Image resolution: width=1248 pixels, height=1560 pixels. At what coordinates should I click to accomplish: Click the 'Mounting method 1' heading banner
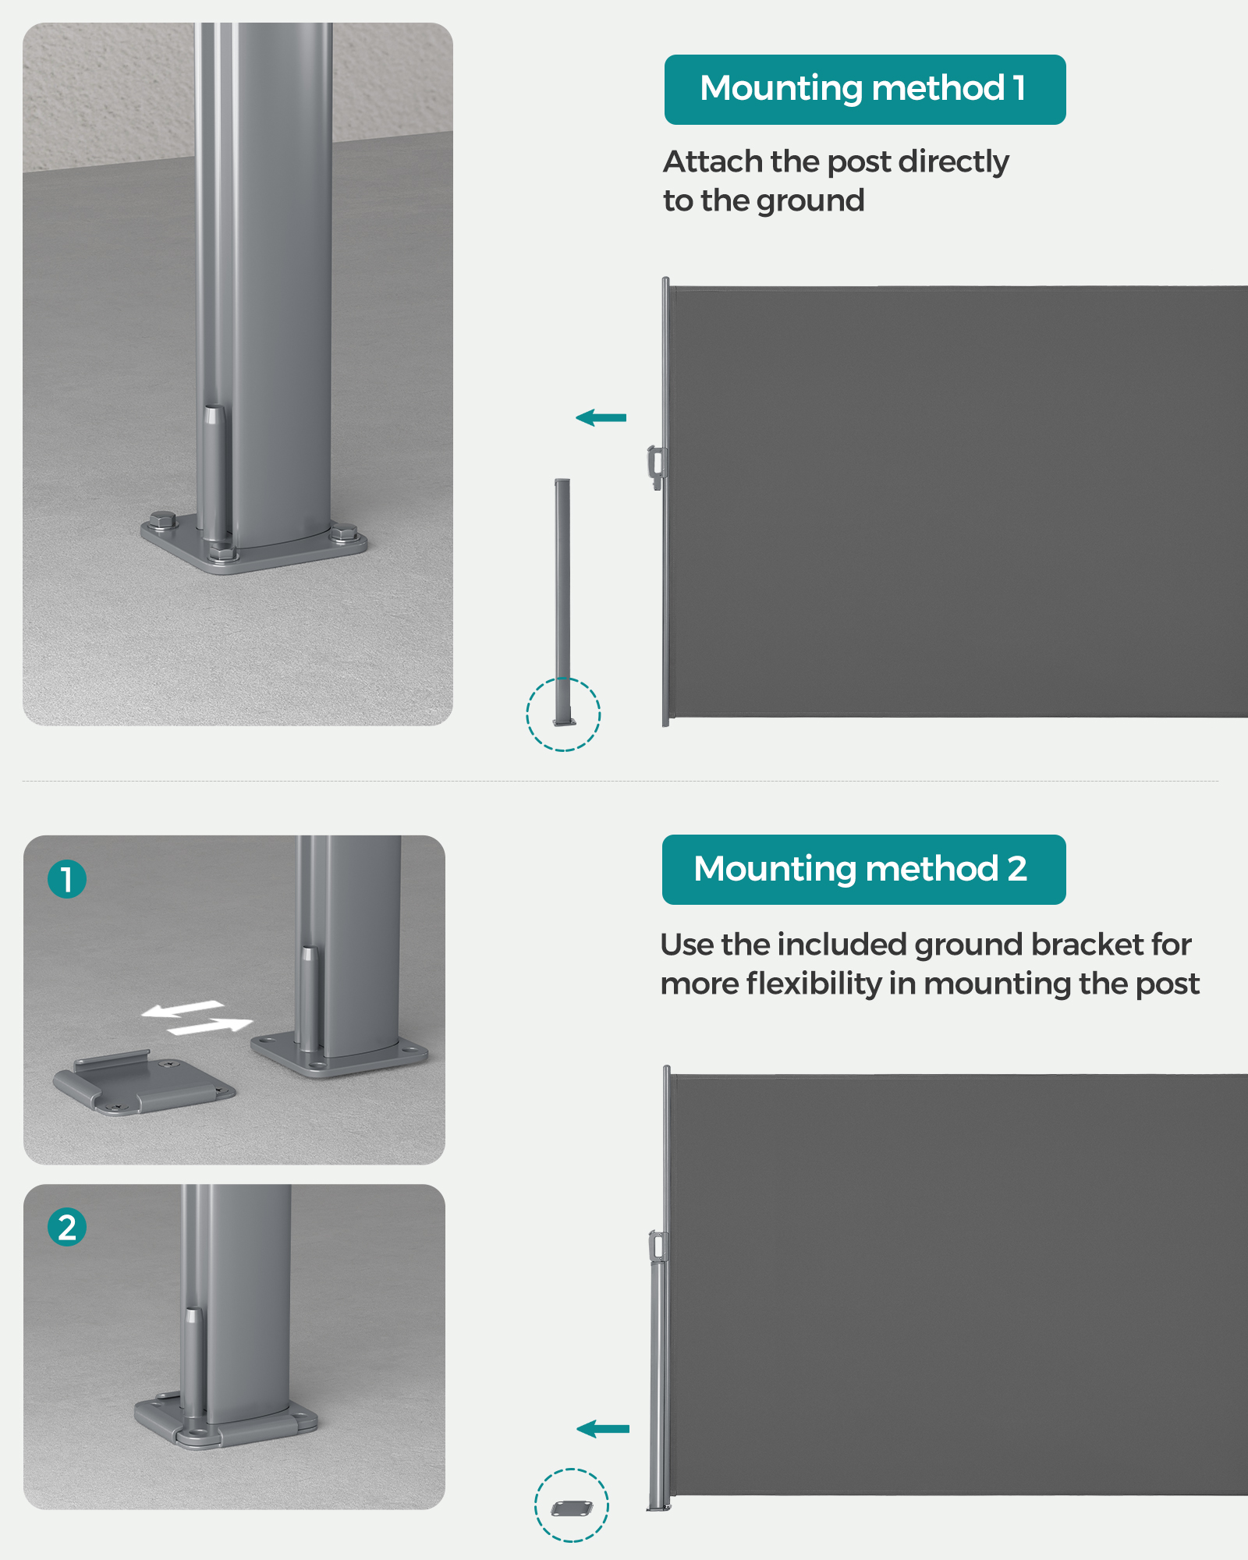(x=865, y=90)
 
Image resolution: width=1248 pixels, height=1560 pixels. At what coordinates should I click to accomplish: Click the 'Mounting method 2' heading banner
(x=863, y=870)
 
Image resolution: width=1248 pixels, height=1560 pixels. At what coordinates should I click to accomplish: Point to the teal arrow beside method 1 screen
(x=601, y=418)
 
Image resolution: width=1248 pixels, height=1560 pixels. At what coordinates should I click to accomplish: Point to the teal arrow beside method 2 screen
(x=602, y=1429)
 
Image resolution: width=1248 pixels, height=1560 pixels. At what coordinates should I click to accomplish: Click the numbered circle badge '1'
(x=67, y=879)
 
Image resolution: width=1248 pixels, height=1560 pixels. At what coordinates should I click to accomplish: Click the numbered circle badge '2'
(x=67, y=1227)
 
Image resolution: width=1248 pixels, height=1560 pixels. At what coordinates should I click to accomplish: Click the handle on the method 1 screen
(x=656, y=466)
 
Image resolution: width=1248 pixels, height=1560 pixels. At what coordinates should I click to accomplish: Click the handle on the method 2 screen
(x=658, y=1246)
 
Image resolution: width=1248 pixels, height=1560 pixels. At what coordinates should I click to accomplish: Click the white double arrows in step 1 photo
(x=197, y=1018)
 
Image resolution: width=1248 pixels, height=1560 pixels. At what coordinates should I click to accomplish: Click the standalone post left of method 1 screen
(x=562, y=602)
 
